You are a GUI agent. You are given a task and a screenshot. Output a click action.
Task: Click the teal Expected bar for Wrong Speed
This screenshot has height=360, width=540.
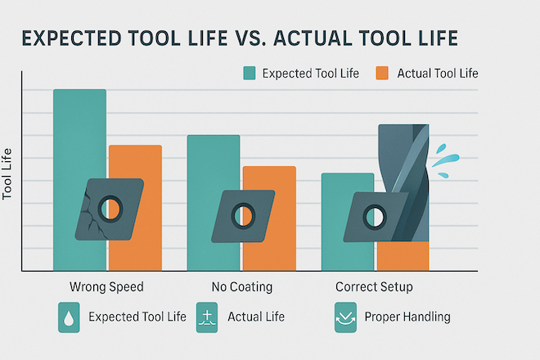(x=79, y=137)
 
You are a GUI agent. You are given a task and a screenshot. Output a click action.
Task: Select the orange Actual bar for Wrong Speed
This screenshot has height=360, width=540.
(x=135, y=162)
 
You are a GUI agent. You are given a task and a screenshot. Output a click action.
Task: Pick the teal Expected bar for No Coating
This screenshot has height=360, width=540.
(x=214, y=162)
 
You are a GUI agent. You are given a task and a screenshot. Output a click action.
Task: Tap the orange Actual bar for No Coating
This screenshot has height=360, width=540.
(x=269, y=179)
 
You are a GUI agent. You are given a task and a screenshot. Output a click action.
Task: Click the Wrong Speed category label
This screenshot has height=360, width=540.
(x=106, y=286)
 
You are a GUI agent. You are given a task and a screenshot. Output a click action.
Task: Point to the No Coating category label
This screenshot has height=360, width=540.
(x=241, y=286)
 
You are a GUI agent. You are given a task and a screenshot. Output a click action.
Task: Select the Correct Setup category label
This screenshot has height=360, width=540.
(x=374, y=286)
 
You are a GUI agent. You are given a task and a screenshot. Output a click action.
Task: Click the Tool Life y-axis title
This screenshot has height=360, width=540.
(x=7, y=174)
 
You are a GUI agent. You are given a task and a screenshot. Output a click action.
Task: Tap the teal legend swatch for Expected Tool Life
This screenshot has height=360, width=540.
(x=250, y=73)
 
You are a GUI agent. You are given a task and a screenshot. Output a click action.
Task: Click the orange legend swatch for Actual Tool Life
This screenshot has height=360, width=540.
(x=382, y=73)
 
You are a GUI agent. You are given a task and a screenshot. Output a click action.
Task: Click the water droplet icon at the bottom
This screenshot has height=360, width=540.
(x=69, y=317)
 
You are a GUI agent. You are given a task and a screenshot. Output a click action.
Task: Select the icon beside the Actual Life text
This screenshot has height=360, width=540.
(x=207, y=317)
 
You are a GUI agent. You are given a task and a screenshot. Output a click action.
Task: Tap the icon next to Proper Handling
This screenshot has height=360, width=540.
(x=345, y=317)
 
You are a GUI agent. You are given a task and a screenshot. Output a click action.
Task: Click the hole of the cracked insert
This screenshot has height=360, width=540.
(x=110, y=209)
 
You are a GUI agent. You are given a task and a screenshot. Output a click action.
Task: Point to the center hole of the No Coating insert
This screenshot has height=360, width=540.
(x=243, y=216)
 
